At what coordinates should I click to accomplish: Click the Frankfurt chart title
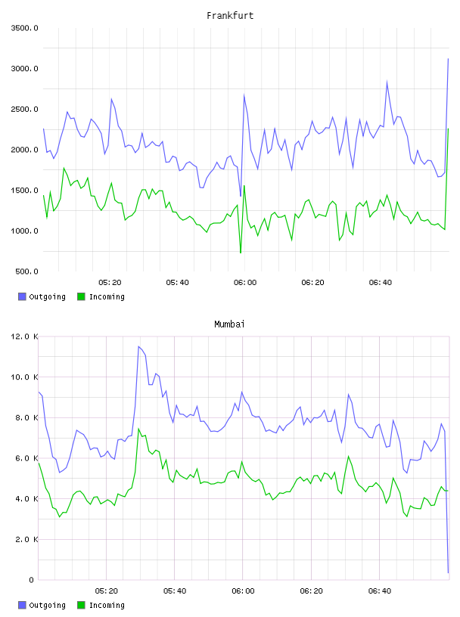click(x=230, y=16)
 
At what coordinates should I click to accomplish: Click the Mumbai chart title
click(x=229, y=324)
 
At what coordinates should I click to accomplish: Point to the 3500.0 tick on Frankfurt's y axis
click(x=24, y=28)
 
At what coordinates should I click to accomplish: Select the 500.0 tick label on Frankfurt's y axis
click(x=26, y=271)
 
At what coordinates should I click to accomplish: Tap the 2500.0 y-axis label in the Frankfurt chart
click(x=24, y=109)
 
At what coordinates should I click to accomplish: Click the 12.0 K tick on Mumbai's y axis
click(x=24, y=336)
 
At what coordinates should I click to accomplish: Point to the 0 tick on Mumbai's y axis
click(x=31, y=580)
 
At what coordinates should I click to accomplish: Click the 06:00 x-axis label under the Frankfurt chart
click(x=245, y=283)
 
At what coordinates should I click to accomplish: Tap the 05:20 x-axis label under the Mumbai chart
click(x=107, y=591)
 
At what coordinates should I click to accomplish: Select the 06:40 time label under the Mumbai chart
click(x=380, y=591)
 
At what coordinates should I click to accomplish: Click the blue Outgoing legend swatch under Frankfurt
click(x=22, y=296)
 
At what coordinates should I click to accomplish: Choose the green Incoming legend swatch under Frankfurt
click(x=81, y=296)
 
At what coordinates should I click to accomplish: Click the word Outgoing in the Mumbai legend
click(x=47, y=605)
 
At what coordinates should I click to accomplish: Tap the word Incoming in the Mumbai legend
click(x=107, y=605)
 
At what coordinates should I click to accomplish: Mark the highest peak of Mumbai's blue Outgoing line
click(x=138, y=346)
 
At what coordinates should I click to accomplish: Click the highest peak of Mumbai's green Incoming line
click(x=138, y=429)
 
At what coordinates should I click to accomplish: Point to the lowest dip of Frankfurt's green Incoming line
click(x=241, y=253)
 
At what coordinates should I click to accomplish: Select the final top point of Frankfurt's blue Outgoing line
click(x=448, y=59)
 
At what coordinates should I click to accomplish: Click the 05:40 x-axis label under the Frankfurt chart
click(x=177, y=283)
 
